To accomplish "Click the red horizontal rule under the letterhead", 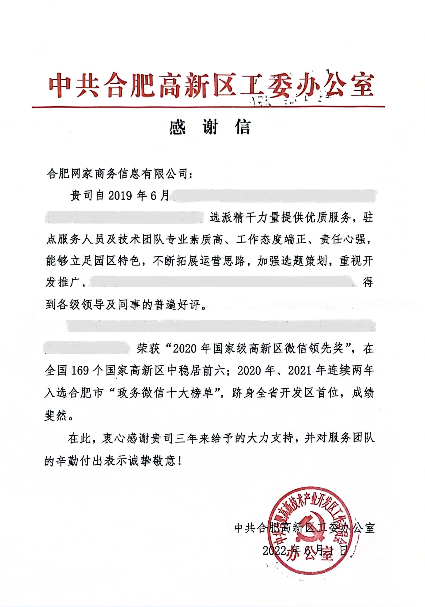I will (x=208, y=107).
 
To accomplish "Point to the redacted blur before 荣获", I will (x=88, y=349).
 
